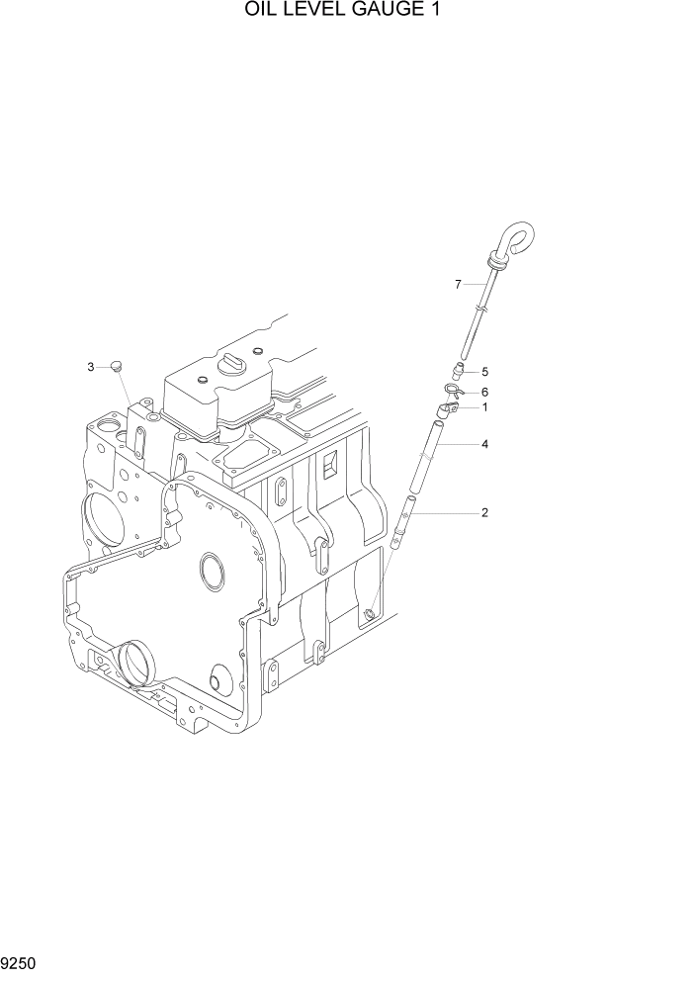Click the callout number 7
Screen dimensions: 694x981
(x=458, y=285)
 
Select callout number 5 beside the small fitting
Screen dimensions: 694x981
(x=485, y=372)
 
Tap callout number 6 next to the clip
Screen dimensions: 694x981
(x=485, y=393)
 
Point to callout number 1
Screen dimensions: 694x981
(x=485, y=407)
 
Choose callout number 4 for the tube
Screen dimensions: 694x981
(x=485, y=444)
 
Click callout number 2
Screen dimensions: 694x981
(x=485, y=513)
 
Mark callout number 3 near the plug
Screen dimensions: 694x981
(x=91, y=367)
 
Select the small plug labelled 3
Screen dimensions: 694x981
(x=116, y=365)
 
